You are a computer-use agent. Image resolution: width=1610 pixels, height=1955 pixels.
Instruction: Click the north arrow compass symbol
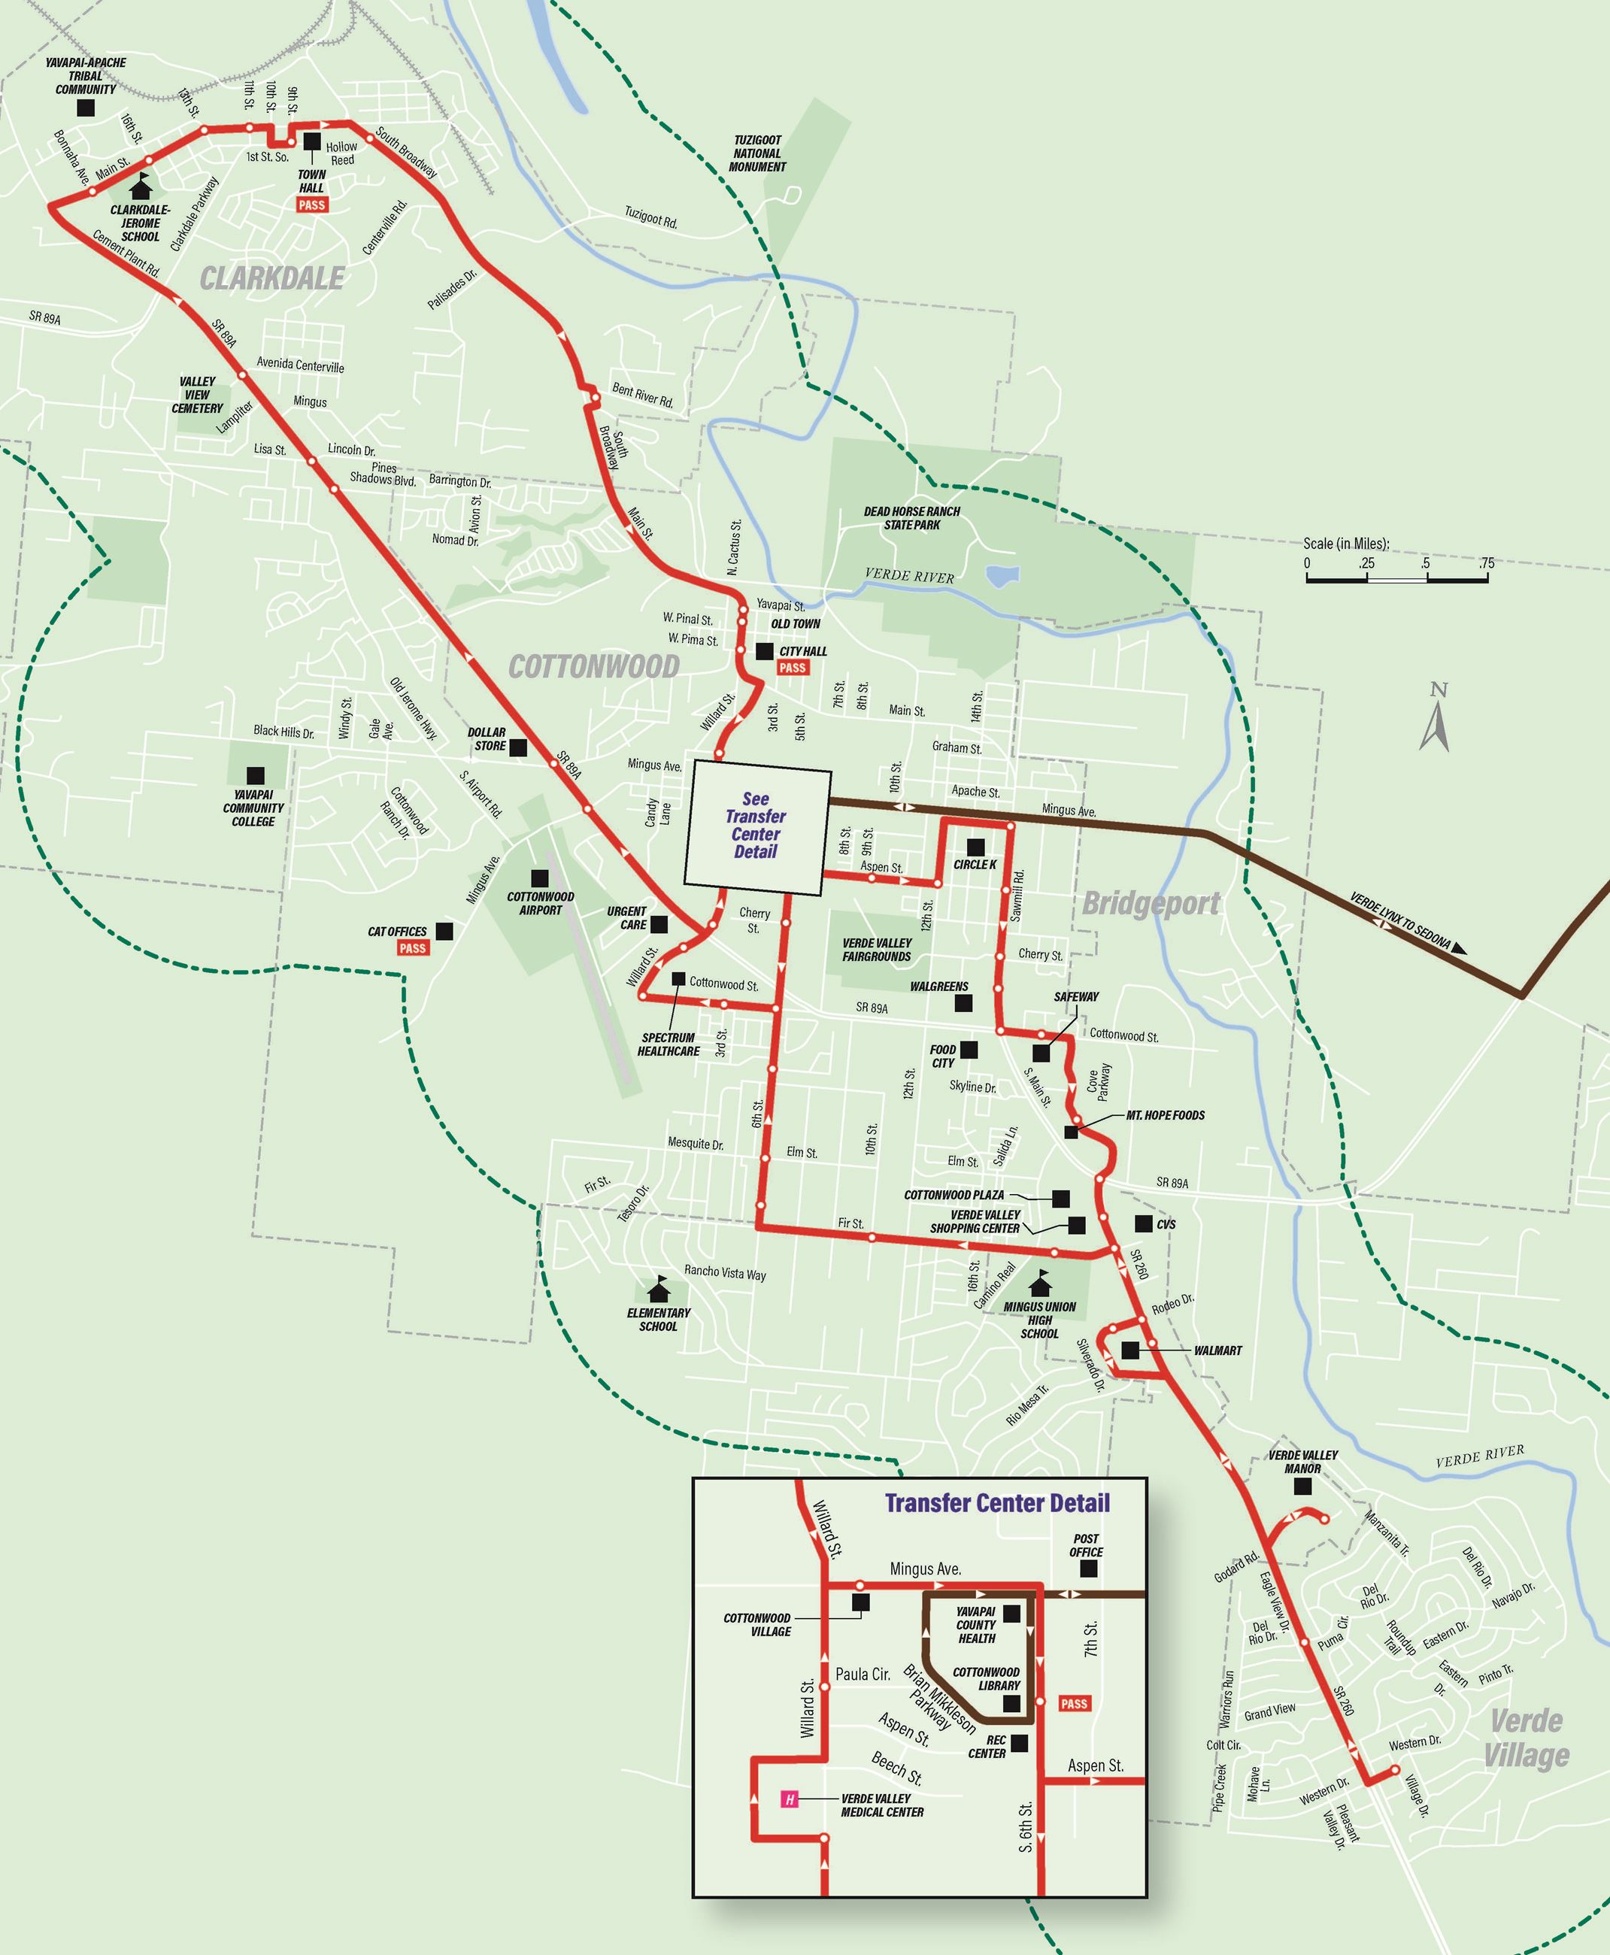1434,718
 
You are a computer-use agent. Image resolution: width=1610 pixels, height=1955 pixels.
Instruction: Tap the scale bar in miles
1396,577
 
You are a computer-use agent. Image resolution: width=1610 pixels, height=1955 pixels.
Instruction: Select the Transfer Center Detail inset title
997,1502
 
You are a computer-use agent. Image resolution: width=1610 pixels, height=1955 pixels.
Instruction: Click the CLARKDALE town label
271,277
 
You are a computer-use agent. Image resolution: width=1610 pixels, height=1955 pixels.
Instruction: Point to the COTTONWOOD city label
593,666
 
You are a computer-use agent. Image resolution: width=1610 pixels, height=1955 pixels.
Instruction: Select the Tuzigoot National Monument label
758,154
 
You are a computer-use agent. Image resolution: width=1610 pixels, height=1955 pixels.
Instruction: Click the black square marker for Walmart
1129,1350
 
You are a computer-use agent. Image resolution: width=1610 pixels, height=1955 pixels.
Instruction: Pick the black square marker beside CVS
1144,1223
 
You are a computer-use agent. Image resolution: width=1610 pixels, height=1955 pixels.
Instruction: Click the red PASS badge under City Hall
792,668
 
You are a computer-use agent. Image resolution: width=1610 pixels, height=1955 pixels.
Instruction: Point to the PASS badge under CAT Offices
413,948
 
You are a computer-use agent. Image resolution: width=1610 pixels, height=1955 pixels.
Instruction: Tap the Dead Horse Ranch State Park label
911,517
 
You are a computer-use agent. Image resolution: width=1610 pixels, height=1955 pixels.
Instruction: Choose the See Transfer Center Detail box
756,827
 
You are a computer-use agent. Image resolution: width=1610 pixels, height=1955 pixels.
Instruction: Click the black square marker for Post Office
1089,1569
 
